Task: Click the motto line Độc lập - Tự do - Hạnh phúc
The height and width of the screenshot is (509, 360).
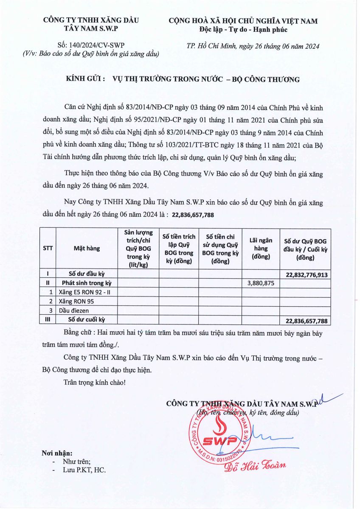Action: point(243,30)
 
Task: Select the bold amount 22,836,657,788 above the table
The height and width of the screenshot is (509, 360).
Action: point(193,215)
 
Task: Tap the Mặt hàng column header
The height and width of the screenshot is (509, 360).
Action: point(87,249)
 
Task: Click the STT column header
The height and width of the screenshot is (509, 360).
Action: point(48,249)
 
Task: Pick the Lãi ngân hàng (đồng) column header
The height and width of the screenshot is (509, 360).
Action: point(261,249)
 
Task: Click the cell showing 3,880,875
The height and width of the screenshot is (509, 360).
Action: point(261,283)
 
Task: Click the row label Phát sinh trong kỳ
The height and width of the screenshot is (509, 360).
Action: point(87,283)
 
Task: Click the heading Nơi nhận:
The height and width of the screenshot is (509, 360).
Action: point(56,453)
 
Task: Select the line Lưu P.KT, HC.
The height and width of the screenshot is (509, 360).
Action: point(84,470)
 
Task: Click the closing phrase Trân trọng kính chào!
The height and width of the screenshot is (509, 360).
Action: point(94,382)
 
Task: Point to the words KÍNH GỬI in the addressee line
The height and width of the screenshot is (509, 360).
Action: point(85,79)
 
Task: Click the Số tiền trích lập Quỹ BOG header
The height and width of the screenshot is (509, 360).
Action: point(179,249)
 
